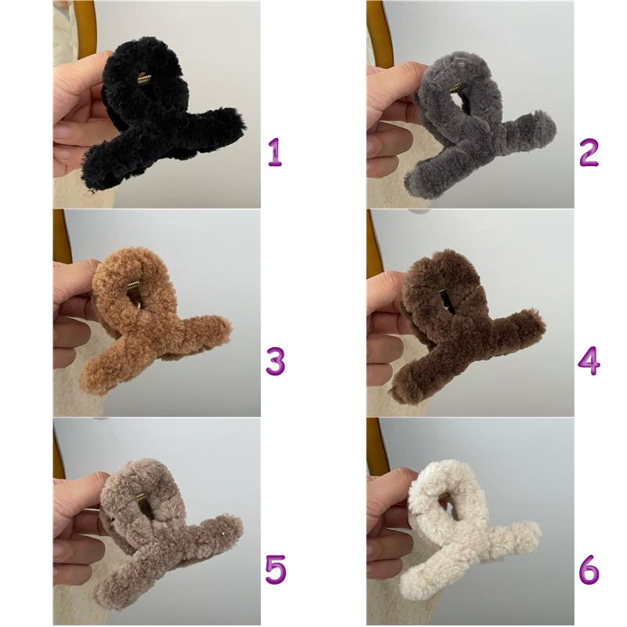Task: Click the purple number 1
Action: [x=275, y=152]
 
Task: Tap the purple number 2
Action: [x=589, y=152]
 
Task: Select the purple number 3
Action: [x=276, y=361]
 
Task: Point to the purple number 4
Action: [x=589, y=361]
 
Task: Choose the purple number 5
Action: [x=276, y=569]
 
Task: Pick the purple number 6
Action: [x=589, y=569]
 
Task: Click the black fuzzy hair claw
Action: [x=160, y=116]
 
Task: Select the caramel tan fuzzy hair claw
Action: [x=152, y=324]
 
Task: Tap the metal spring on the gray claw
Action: [x=456, y=88]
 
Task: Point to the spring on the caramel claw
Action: [x=132, y=286]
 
